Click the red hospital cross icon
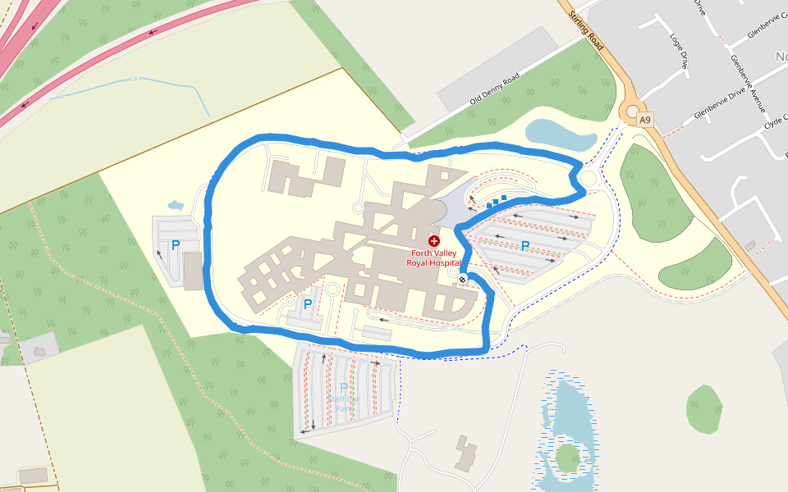click(433, 240)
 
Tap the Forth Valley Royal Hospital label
click(435, 258)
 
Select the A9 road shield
click(645, 121)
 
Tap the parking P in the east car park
click(525, 246)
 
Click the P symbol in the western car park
click(175, 245)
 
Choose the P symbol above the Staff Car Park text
click(343, 388)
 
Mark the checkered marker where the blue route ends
click(463, 280)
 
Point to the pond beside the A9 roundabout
click(560, 135)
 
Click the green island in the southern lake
click(568, 458)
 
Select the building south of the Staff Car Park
click(465, 453)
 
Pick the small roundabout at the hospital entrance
click(588, 178)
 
